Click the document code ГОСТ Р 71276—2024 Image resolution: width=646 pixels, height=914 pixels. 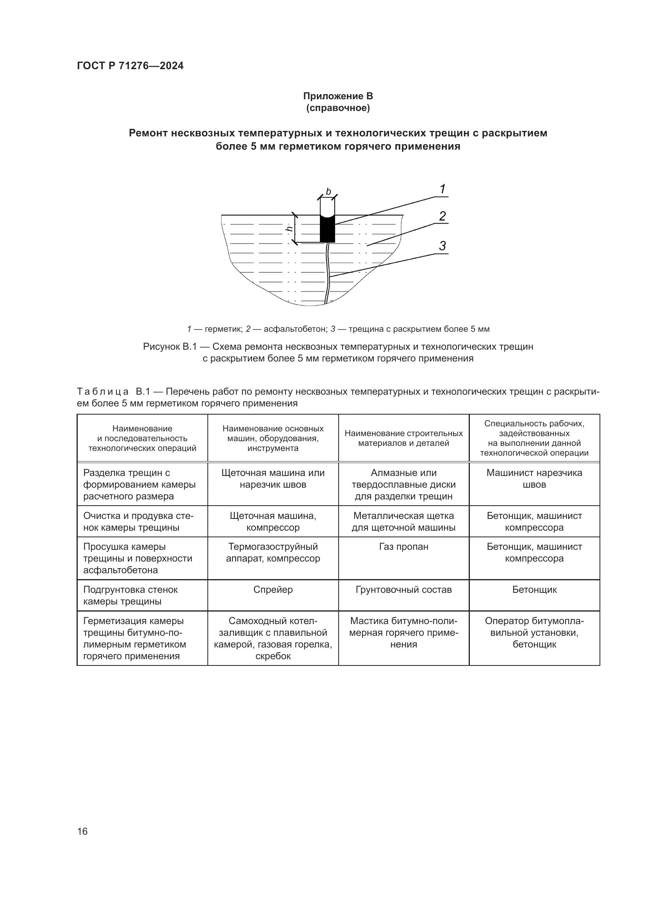coord(130,66)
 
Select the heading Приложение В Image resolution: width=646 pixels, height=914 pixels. coord(338,96)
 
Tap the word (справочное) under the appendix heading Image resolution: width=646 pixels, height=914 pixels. coord(338,108)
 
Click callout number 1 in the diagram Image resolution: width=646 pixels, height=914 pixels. coord(442,190)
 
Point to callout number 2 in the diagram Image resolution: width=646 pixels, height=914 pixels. coord(442,216)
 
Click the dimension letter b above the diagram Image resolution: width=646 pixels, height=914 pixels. coord(328,192)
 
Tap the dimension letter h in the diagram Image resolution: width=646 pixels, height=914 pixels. coord(290,229)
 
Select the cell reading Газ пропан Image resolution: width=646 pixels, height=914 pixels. coord(403,547)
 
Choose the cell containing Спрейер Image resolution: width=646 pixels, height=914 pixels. coord(273,590)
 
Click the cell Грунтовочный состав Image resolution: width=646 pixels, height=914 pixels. coord(403,590)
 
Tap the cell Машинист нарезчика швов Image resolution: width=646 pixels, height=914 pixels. coord(534,479)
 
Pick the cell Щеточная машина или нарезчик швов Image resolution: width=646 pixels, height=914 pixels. coord(273,479)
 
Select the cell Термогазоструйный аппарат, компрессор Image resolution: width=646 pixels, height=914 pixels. coord(273,553)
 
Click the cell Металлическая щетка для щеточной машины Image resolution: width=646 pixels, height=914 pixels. coord(403,522)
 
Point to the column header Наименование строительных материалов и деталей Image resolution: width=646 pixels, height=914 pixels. coord(403,438)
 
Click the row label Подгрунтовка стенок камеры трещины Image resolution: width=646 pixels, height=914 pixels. coord(130,596)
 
